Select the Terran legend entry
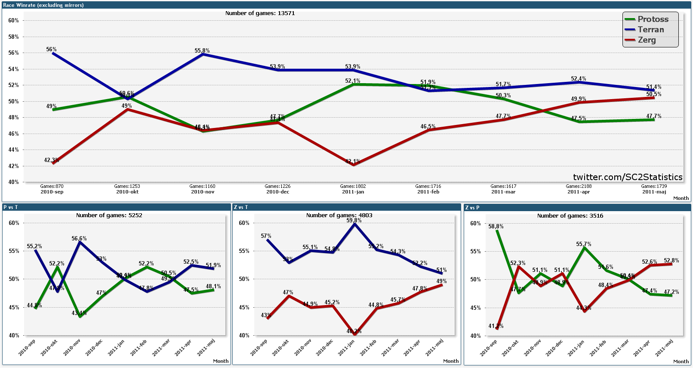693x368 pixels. tap(650, 30)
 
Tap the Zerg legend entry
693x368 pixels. tap(647, 40)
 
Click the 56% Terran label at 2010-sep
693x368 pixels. tap(52, 50)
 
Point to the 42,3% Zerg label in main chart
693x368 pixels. tap(51, 160)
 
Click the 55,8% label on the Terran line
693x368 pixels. tap(202, 51)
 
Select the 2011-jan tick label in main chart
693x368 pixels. tap(353, 192)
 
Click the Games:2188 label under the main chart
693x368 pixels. tap(579, 187)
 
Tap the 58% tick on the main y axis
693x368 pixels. tap(13, 37)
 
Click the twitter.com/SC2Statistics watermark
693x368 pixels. tap(627, 177)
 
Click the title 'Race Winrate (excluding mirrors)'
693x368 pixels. tap(43, 5)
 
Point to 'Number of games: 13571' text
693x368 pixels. tap(260, 13)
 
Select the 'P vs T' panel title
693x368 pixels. tap(11, 207)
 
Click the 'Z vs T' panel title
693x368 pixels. tap(241, 207)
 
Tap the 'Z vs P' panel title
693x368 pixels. tap(472, 208)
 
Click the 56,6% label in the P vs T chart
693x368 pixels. tap(79, 238)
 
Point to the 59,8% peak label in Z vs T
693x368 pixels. tap(354, 221)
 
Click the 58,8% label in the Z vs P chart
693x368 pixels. tap(496, 226)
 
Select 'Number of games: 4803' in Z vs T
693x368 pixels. tap(339, 215)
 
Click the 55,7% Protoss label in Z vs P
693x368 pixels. tap(584, 244)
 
